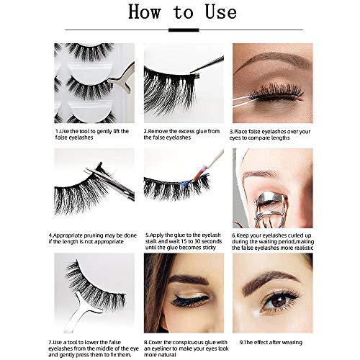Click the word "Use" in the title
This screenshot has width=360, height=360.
[221, 12]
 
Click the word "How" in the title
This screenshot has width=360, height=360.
[145, 12]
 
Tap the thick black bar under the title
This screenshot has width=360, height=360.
[184, 30]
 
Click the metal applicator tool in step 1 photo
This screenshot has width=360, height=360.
[122, 78]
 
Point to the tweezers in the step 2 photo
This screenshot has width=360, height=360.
[207, 65]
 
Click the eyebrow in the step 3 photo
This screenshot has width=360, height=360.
[271, 60]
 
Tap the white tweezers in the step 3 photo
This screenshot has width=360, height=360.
[243, 101]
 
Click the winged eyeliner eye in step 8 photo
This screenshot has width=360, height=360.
[189, 300]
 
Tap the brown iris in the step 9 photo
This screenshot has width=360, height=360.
[279, 301]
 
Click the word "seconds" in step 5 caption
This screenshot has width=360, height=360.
[210, 241]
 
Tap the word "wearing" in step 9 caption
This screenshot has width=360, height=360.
[291, 343]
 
